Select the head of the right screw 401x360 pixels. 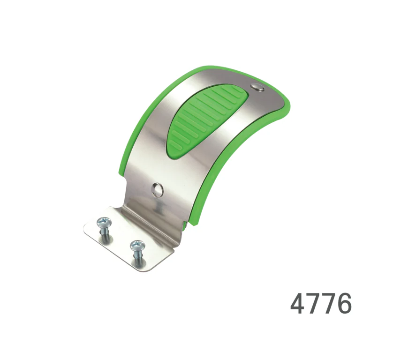click(137, 246)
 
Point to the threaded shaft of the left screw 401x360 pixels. click(105, 235)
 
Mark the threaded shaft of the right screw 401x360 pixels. click(137, 258)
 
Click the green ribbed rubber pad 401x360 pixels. click(204, 120)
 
